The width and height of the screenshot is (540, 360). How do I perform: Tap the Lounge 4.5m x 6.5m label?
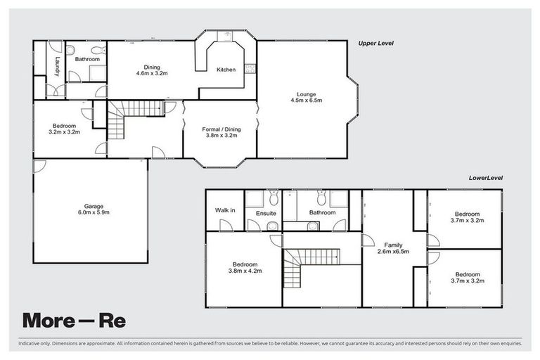[305, 97]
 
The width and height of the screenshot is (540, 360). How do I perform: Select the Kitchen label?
[226, 70]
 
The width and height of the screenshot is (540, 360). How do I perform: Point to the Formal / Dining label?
[221, 132]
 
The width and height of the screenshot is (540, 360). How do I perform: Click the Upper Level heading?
[375, 43]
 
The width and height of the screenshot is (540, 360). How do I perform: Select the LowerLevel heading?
[486, 178]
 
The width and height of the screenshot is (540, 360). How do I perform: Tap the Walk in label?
[225, 210]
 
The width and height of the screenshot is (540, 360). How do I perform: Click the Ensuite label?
[266, 212]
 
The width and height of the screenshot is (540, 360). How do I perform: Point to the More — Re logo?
[74, 320]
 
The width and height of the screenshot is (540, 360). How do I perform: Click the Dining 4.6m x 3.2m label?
[151, 69]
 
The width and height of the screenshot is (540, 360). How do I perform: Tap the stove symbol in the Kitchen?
[250, 69]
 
